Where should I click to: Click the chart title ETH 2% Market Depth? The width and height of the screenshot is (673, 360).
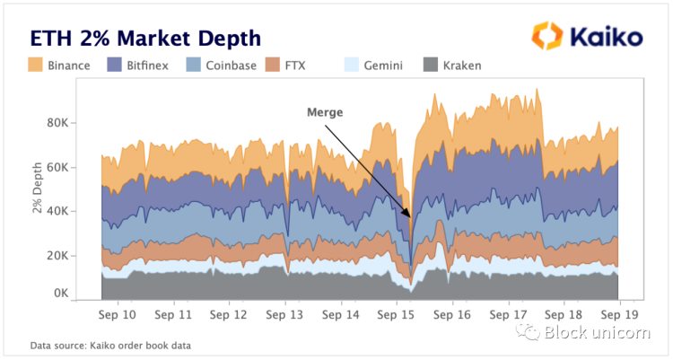click(x=145, y=38)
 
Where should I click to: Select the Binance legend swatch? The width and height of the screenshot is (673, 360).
click(x=36, y=65)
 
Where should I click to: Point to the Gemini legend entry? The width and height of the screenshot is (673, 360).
click(x=374, y=65)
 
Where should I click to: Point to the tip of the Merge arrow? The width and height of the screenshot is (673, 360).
click(x=411, y=218)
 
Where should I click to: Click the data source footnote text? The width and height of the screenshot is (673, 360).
click(x=110, y=345)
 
